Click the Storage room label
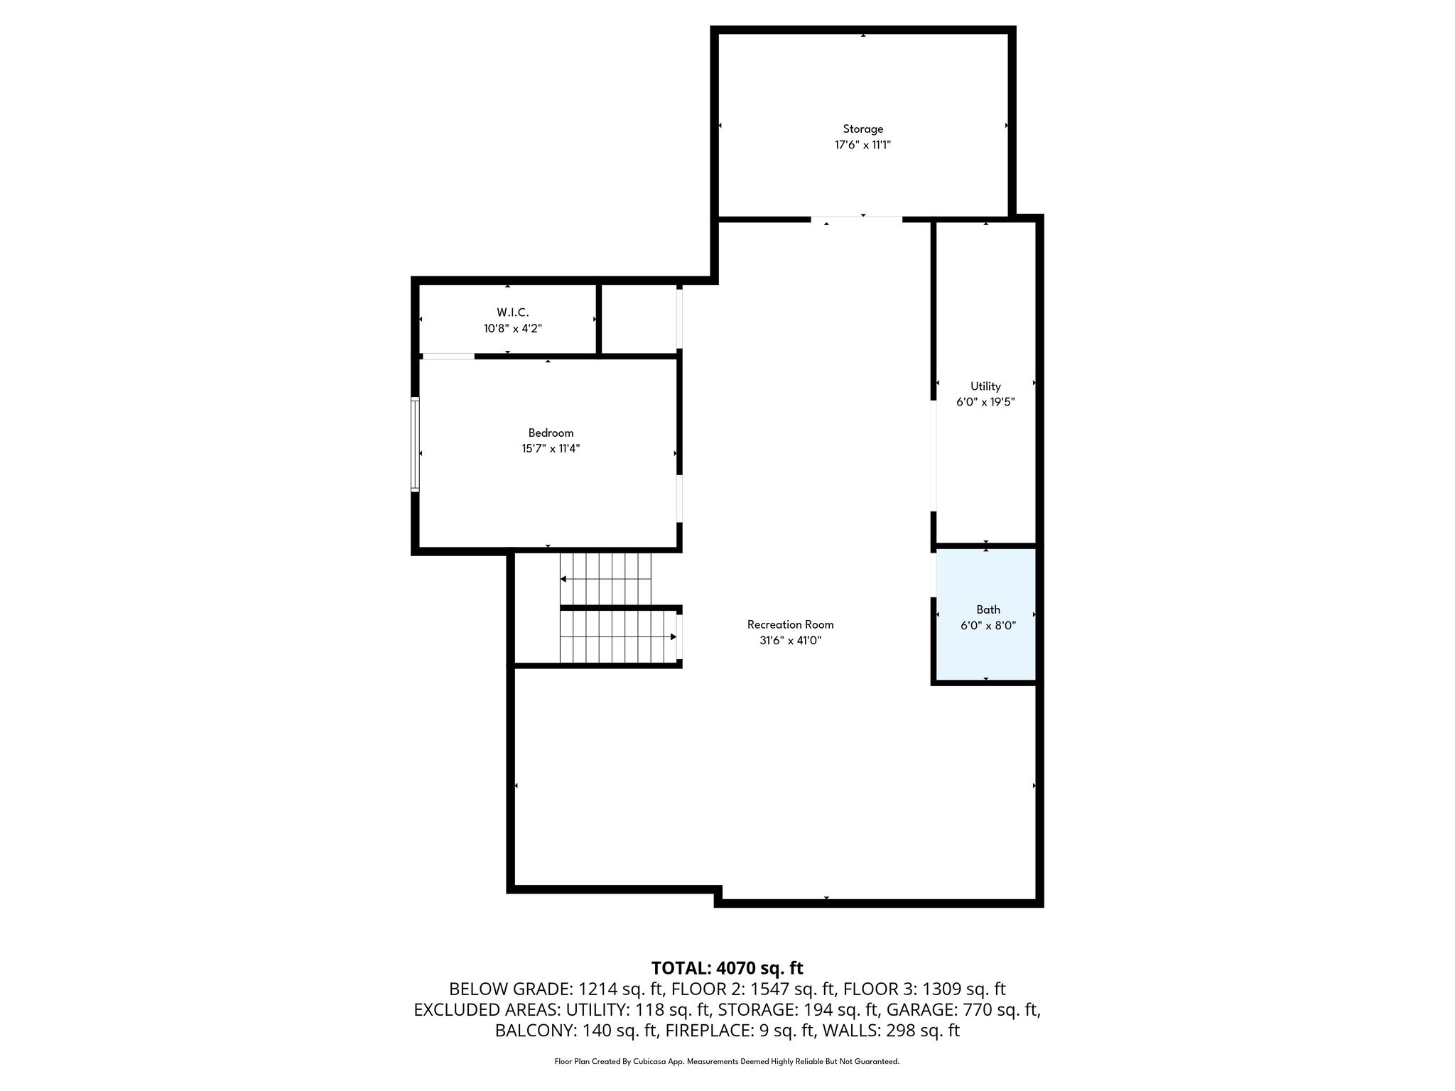point(862,129)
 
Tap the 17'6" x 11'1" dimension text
point(862,145)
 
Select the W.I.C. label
point(512,313)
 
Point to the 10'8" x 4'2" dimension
point(512,328)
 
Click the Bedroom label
point(551,433)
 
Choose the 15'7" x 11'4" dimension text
point(551,448)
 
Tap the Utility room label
point(985,386)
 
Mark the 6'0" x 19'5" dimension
point(985,402)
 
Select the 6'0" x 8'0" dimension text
point(988,626)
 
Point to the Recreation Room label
point(790,624)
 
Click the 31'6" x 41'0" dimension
point(790,640)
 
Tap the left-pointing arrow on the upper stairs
point(564,579)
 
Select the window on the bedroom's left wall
point(416,444)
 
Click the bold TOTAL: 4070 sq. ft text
point(727,968)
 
